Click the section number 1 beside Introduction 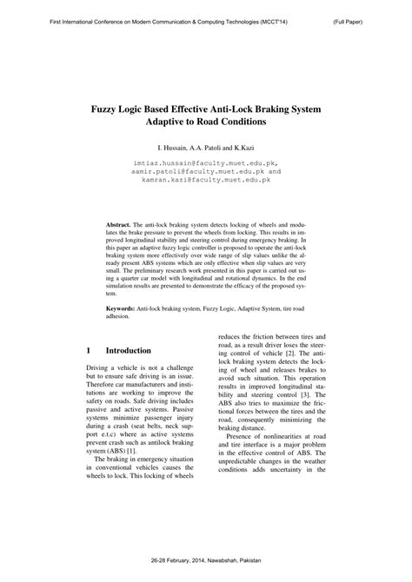coord(89,351)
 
